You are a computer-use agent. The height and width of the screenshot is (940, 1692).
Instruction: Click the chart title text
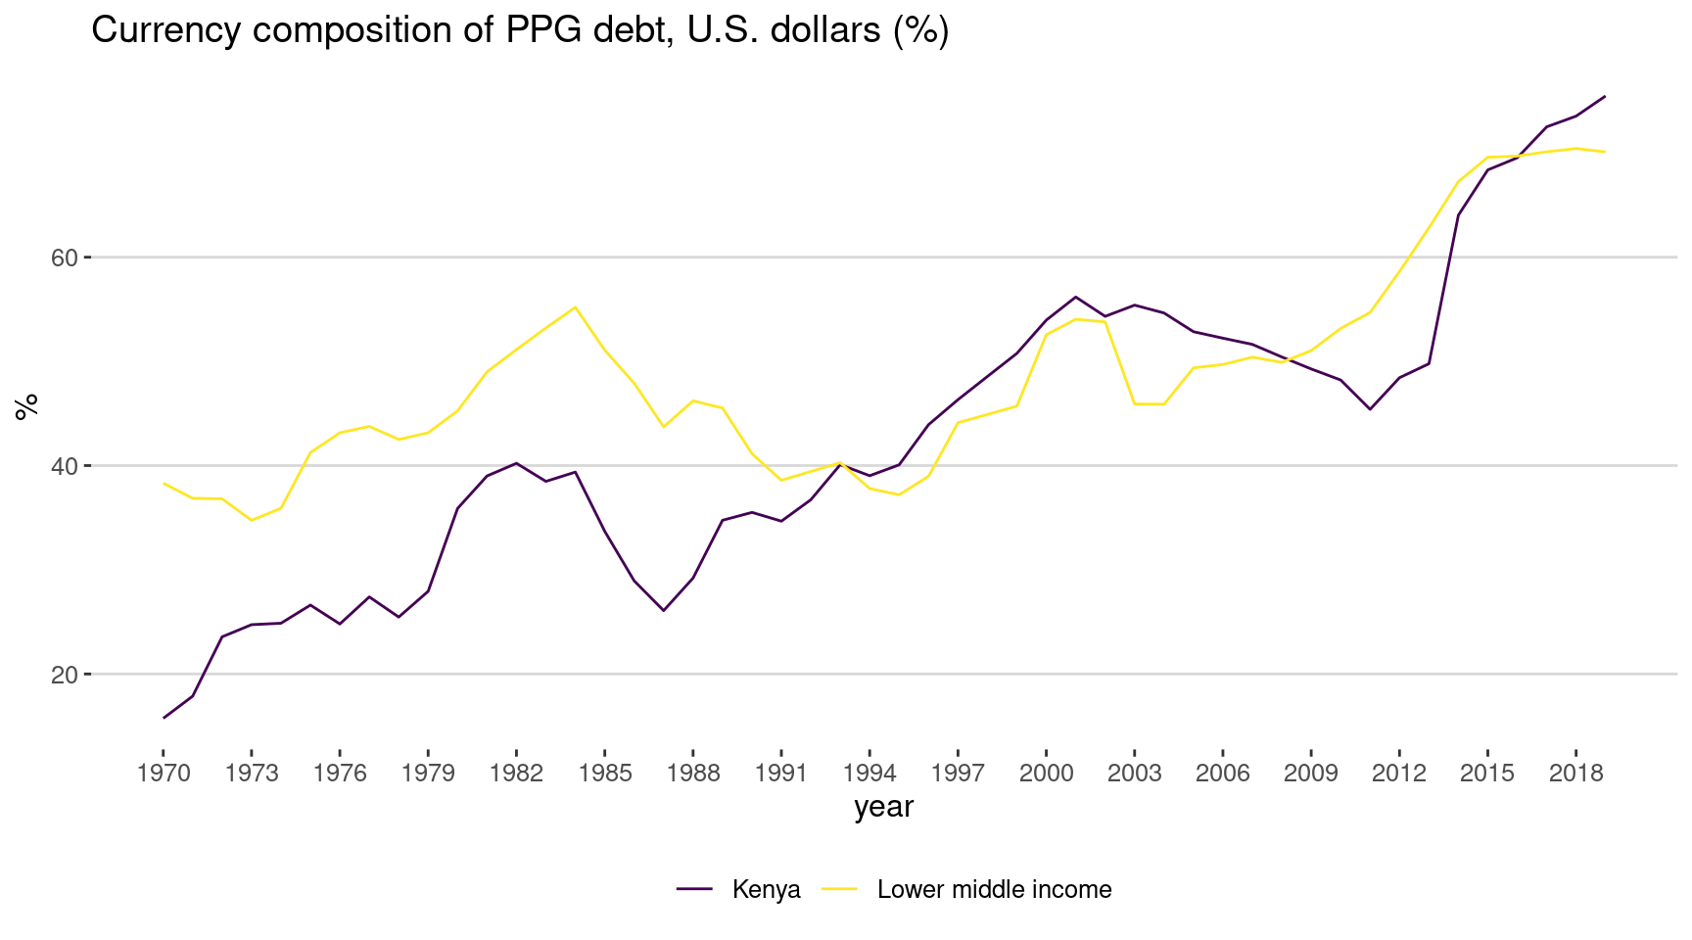coord(520,31)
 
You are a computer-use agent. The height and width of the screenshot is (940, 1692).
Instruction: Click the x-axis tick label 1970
coord(164,774)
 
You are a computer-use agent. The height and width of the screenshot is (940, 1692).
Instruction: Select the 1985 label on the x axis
coord(605,774)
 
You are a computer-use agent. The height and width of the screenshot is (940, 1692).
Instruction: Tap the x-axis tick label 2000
coord(1046,774)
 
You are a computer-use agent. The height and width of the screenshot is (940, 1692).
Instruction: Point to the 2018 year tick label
coord(1575,774)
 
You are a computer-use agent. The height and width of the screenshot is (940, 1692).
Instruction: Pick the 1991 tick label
coord(781,774)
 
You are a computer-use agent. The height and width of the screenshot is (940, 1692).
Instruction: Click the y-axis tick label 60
coord(64,258)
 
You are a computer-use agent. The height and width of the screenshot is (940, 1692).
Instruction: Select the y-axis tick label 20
coord(64,675)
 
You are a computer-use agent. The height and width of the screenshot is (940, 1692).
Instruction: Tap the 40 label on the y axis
coord(64,466)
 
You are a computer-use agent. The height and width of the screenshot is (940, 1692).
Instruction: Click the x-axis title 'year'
coord(883,807)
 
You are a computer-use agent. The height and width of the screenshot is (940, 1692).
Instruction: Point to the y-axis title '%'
coord(27,405)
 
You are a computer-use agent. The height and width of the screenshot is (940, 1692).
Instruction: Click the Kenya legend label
coord(766,890)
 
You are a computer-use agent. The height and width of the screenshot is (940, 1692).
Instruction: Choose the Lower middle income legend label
coord(994,890)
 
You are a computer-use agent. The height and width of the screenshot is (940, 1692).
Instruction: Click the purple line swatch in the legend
coord(694,889)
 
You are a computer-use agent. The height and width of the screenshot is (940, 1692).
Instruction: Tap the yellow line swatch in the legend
coord(839,889)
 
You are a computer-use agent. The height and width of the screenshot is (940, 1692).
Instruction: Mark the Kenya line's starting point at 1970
coord(164,718)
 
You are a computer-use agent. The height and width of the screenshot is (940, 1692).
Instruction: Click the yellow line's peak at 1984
coord(576,306)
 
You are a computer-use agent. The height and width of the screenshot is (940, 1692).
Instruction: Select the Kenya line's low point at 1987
coord(664,611)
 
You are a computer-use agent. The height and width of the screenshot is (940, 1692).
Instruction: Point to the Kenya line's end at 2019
coord(1605,96)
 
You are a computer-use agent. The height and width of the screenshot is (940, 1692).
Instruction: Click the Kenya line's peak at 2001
coord(1075,297)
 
